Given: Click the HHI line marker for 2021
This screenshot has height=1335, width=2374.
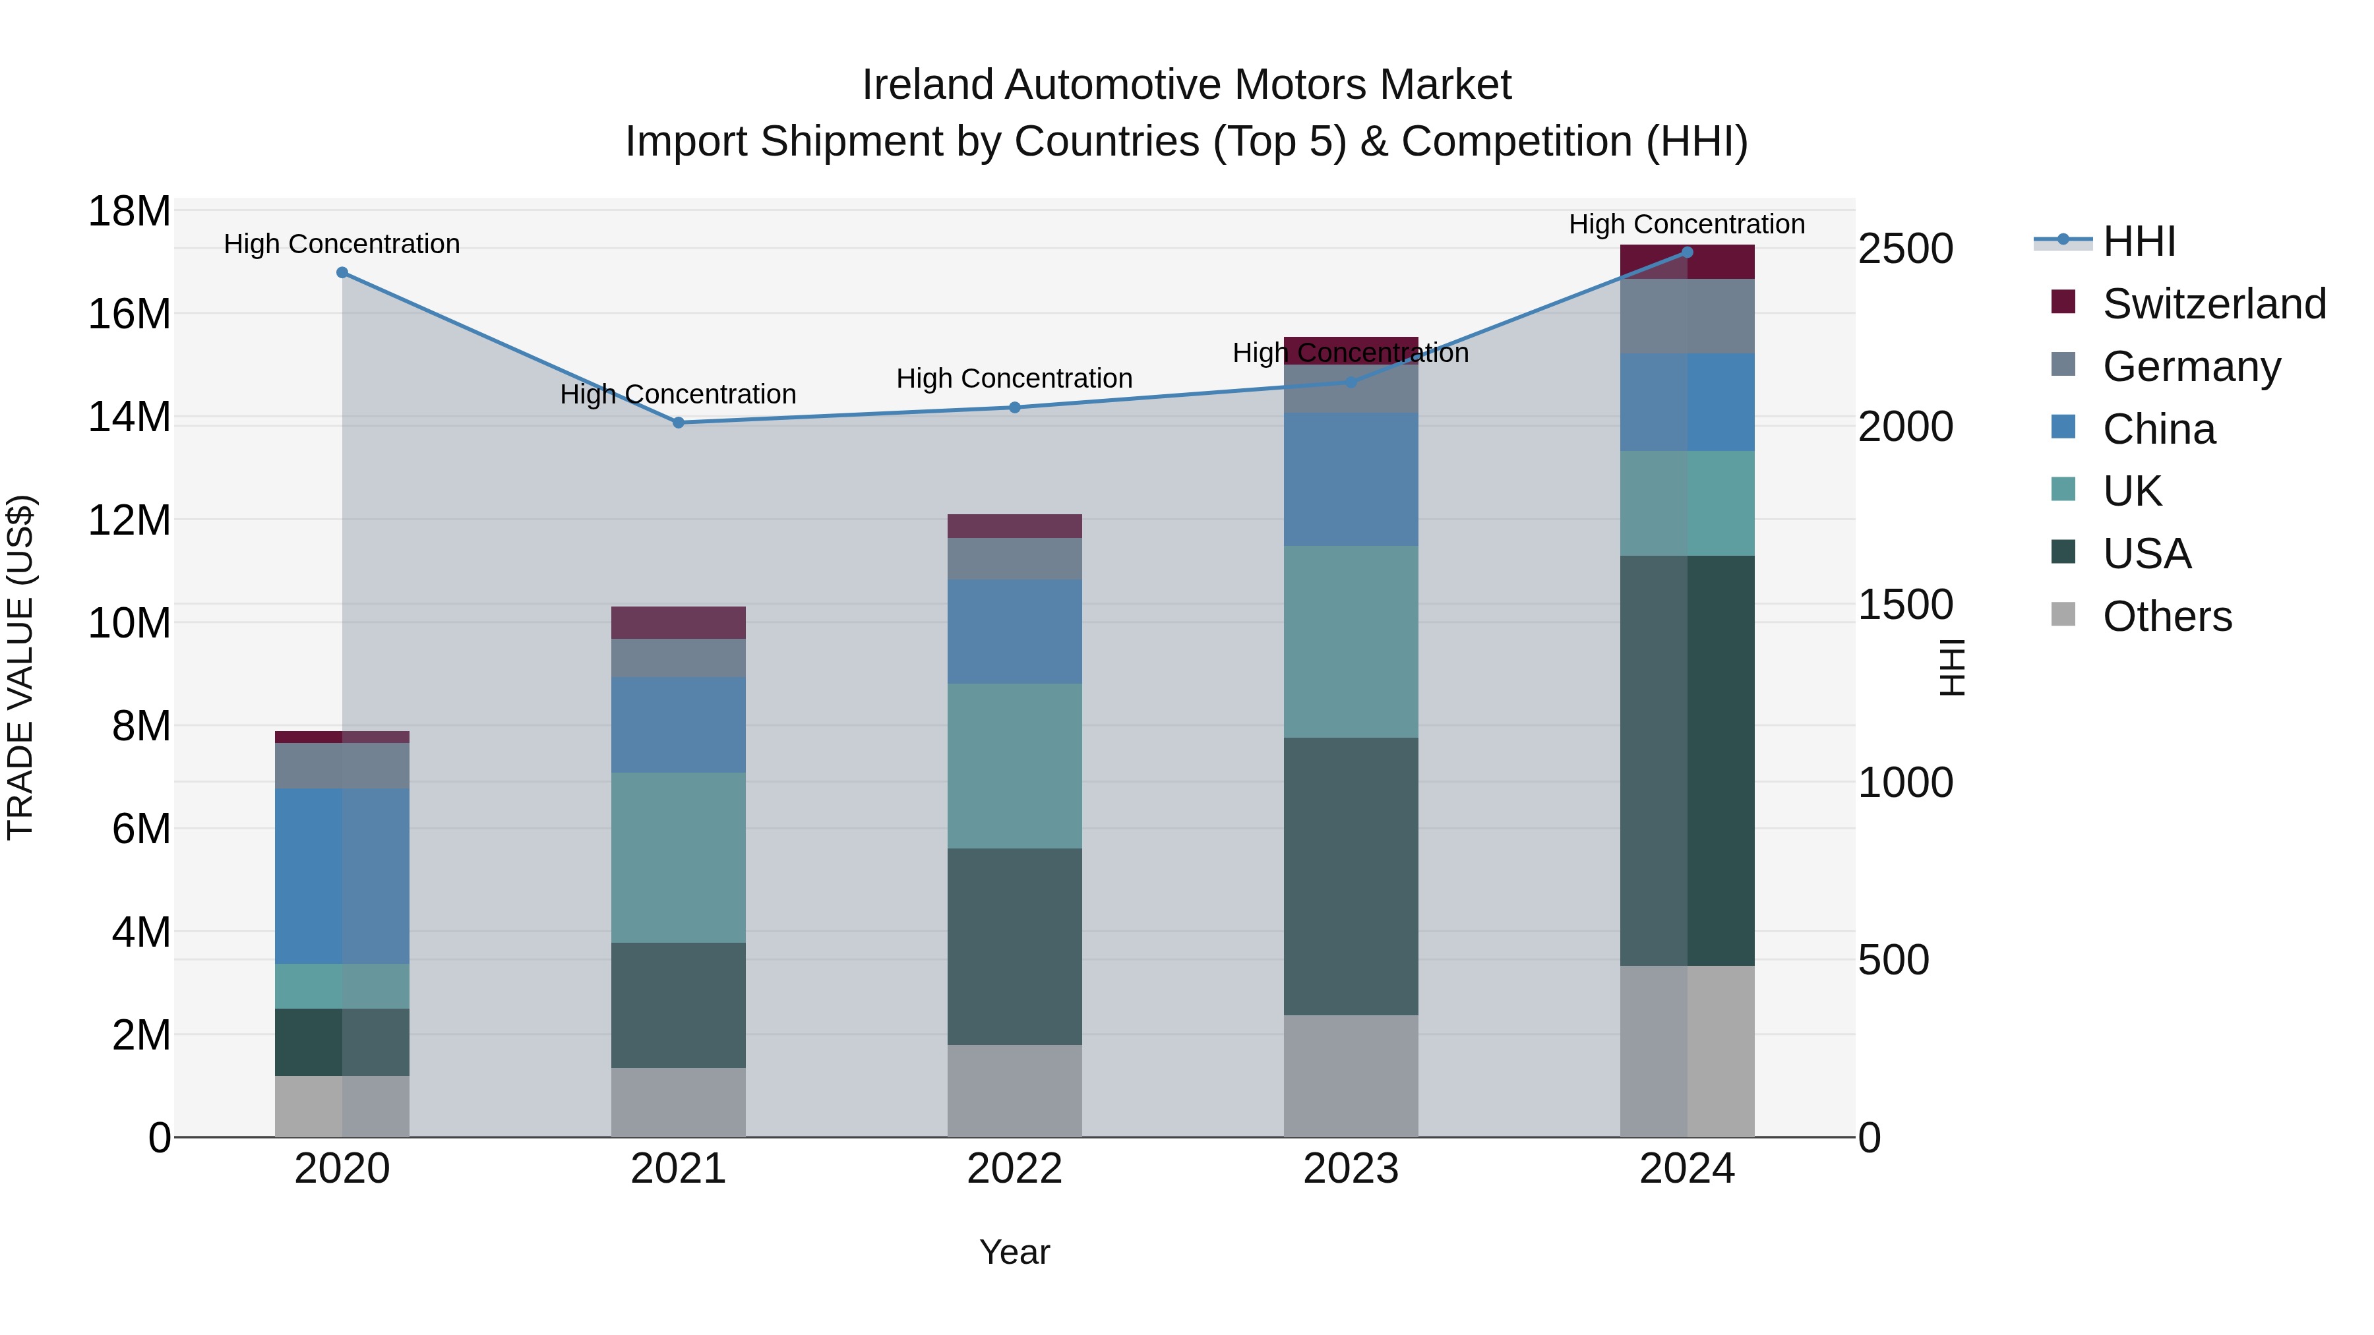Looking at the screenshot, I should (679, 423).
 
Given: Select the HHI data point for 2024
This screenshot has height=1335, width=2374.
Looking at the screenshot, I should (1688, 252).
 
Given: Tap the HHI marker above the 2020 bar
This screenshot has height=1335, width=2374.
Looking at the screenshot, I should (342, 273).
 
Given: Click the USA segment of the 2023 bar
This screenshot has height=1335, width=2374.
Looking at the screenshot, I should (1351, 875).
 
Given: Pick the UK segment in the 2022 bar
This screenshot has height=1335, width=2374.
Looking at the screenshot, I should (1015, 765).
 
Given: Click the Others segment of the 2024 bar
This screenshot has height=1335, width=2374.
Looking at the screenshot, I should (1688, 1052).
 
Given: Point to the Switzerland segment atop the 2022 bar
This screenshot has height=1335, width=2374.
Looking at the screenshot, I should (1015, 526).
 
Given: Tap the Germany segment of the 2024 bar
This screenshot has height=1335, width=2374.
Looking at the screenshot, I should (1688, 316).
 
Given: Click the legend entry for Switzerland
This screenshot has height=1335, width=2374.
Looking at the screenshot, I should (2214, 304).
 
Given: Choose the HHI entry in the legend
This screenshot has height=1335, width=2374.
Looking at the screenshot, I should (2138, 241).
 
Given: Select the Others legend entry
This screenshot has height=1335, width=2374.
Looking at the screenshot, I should (2167, 616).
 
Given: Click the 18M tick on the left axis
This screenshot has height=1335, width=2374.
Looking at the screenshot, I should (129, 212).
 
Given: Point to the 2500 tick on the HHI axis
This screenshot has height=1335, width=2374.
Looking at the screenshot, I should (1905, 249).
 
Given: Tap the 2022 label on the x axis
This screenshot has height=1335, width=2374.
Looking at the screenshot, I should (1015, 1169).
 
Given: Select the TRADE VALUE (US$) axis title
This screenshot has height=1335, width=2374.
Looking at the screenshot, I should (20, 667).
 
